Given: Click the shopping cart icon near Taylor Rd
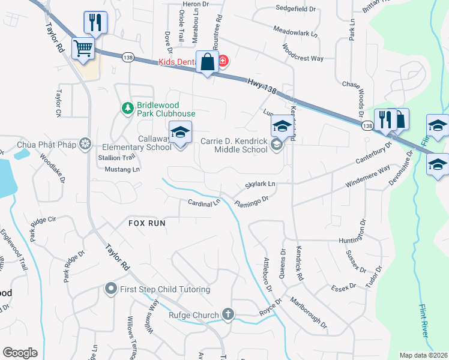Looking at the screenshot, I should [83, 48].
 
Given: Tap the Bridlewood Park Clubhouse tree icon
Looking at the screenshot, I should [127, 108].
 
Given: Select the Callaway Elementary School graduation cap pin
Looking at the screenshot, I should [179, 132].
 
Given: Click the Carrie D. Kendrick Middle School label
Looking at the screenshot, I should [234, 145].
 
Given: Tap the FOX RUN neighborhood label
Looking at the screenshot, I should [146, 223].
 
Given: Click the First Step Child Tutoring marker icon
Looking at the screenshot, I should [110, 289].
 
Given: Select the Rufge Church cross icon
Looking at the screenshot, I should [228, 314].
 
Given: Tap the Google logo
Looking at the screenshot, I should [20, 353].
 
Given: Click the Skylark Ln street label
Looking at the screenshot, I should [260, 184].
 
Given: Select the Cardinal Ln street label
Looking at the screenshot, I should [204, 203].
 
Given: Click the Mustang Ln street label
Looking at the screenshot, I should [119, 170].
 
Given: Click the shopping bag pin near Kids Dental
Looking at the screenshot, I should [207, 62].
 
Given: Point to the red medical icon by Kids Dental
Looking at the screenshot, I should [223, 61].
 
